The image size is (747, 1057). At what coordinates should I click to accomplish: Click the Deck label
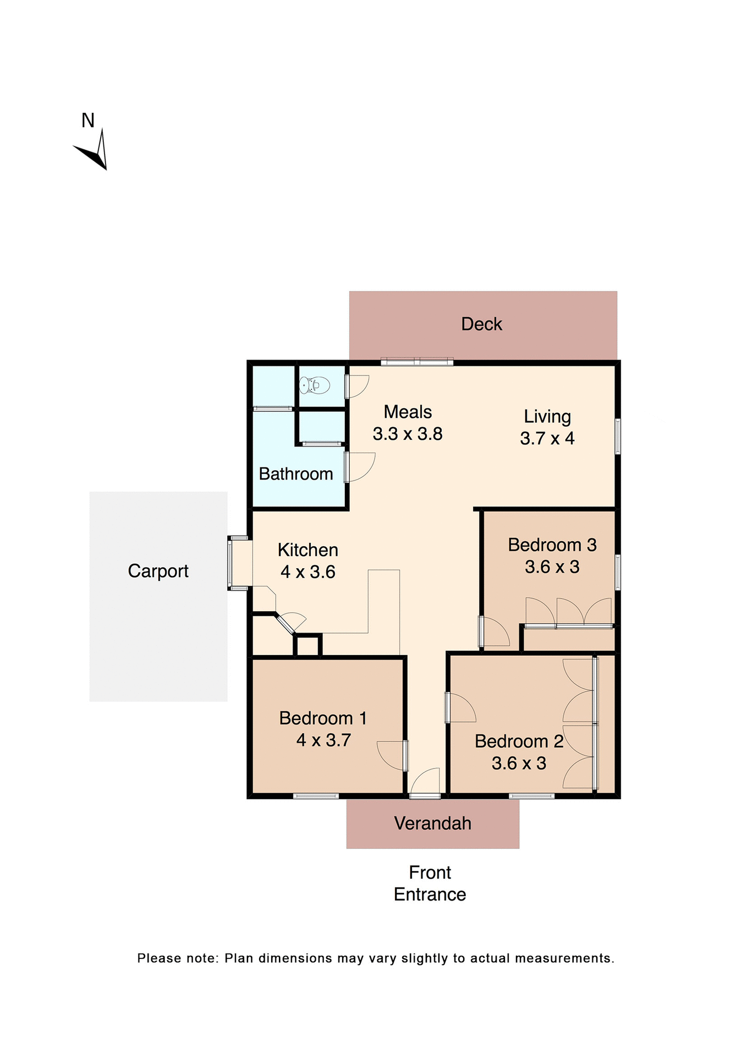tap(481, 324)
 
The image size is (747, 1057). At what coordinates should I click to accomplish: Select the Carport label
tap(158, 571)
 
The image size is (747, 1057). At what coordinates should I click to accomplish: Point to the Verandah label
tap(432, 823)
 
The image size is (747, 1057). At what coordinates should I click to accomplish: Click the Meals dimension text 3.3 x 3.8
tap(407, 434)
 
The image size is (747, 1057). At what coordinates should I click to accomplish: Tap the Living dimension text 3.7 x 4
tap(547, 438)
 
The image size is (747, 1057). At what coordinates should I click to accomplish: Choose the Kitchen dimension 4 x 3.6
tap(307, 572)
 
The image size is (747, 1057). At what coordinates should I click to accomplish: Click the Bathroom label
tap(296, 474)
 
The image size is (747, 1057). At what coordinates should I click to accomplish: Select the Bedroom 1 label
tap(322, 718)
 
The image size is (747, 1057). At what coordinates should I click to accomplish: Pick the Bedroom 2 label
tap(519, 741)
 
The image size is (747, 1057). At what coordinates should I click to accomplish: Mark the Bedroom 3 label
tap(552, 544)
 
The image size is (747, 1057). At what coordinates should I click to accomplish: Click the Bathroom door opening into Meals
tap(360, 466)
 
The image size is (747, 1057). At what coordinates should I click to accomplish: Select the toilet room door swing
tap(356, 386)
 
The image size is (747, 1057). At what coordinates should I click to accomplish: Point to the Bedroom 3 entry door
tap(494, 632)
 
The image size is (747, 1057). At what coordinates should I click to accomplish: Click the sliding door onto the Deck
tap(417, 362)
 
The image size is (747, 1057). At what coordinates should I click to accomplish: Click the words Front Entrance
tap(430, 883)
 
